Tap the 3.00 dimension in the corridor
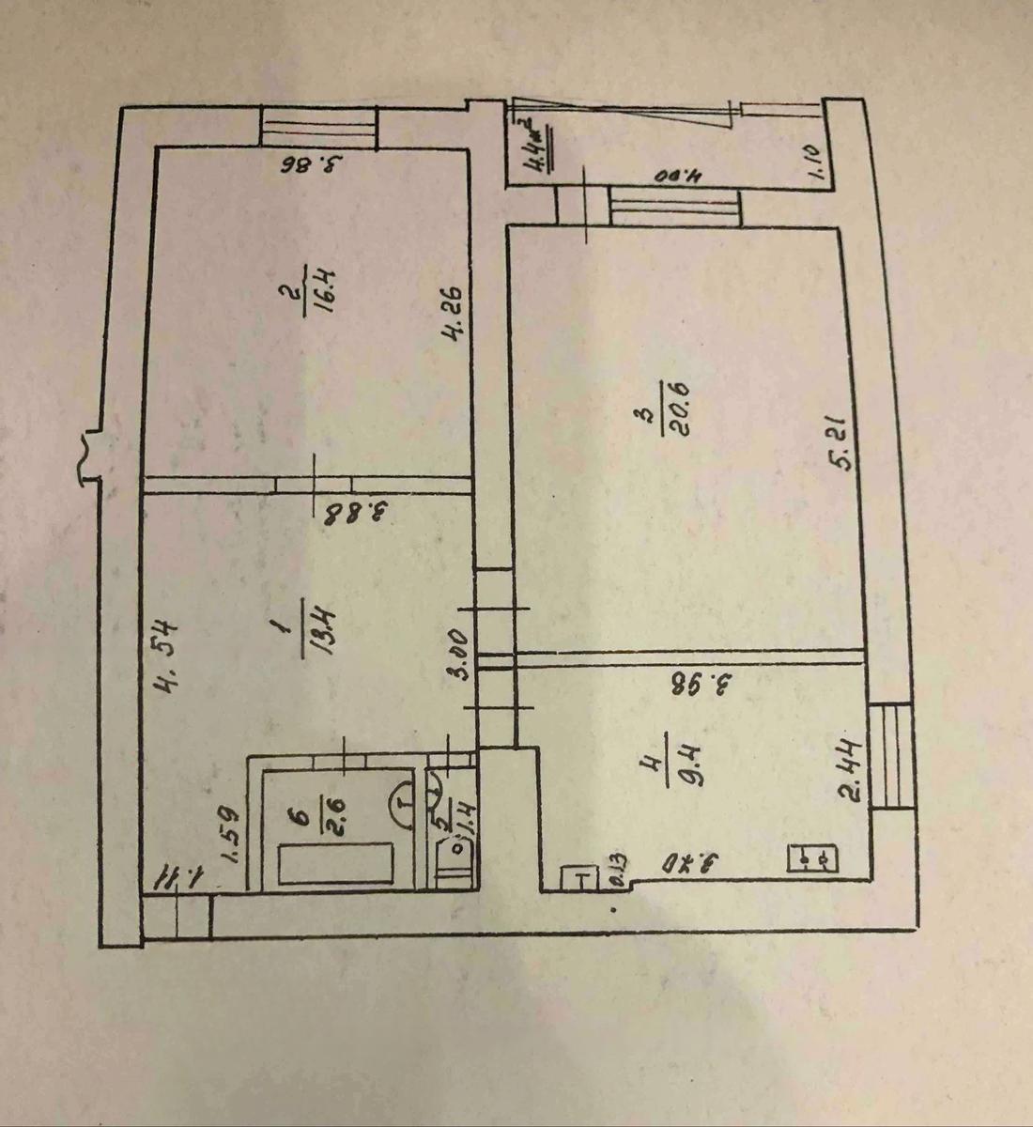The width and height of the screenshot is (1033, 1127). pos(458,655)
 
